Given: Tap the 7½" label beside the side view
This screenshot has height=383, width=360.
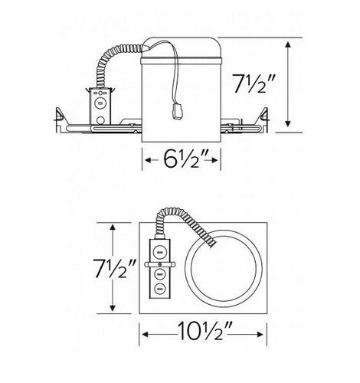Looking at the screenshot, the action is [254, 83].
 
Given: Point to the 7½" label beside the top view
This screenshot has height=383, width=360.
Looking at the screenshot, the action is [113, 268].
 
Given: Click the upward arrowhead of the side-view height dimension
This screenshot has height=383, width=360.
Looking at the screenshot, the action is [288, 45].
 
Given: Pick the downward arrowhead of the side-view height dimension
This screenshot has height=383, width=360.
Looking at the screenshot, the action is [288, 123].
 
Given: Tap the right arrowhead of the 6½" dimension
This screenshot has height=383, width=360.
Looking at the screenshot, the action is [214, 160].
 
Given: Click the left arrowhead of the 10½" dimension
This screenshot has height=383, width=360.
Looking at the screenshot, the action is [146, 335].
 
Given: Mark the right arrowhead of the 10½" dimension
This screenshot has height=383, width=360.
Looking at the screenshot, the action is [259, 335].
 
